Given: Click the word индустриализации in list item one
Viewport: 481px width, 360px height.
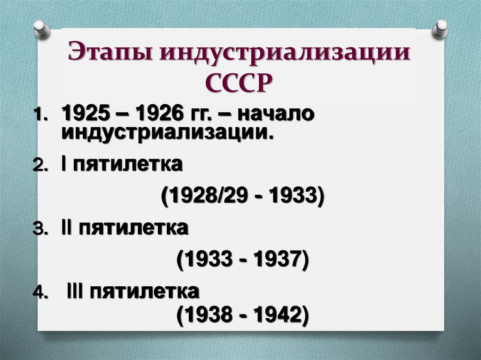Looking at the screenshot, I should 167,132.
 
